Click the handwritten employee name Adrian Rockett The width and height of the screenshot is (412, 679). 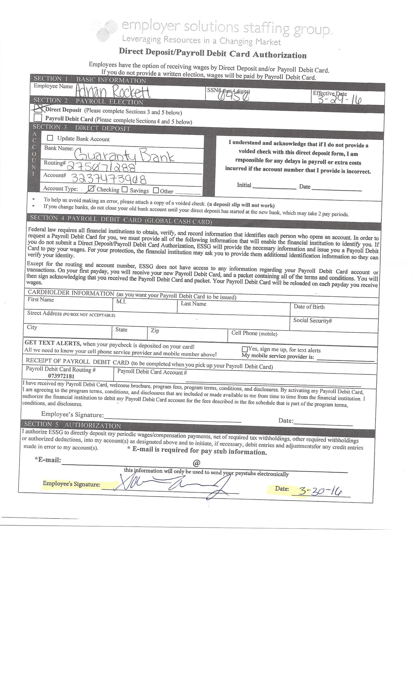tap(113, 92)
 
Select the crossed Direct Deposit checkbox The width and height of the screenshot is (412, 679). tap(38, 109)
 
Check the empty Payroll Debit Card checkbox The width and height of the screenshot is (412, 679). tap(38, 118)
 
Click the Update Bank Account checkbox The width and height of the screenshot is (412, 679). tap(50, 137)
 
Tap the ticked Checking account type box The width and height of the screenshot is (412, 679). tap(91, 189)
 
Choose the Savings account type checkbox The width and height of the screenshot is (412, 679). tap(125, 190)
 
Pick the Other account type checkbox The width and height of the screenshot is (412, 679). tap(156, 190)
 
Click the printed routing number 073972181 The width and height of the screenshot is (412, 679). tap(61, 376)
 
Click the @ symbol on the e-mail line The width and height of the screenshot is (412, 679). tap(196, 463)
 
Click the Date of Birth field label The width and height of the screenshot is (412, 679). tap(309, 307)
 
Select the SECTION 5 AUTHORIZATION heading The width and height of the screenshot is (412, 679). tap(72, 425)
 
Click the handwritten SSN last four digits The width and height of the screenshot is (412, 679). tap(234, 96)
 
